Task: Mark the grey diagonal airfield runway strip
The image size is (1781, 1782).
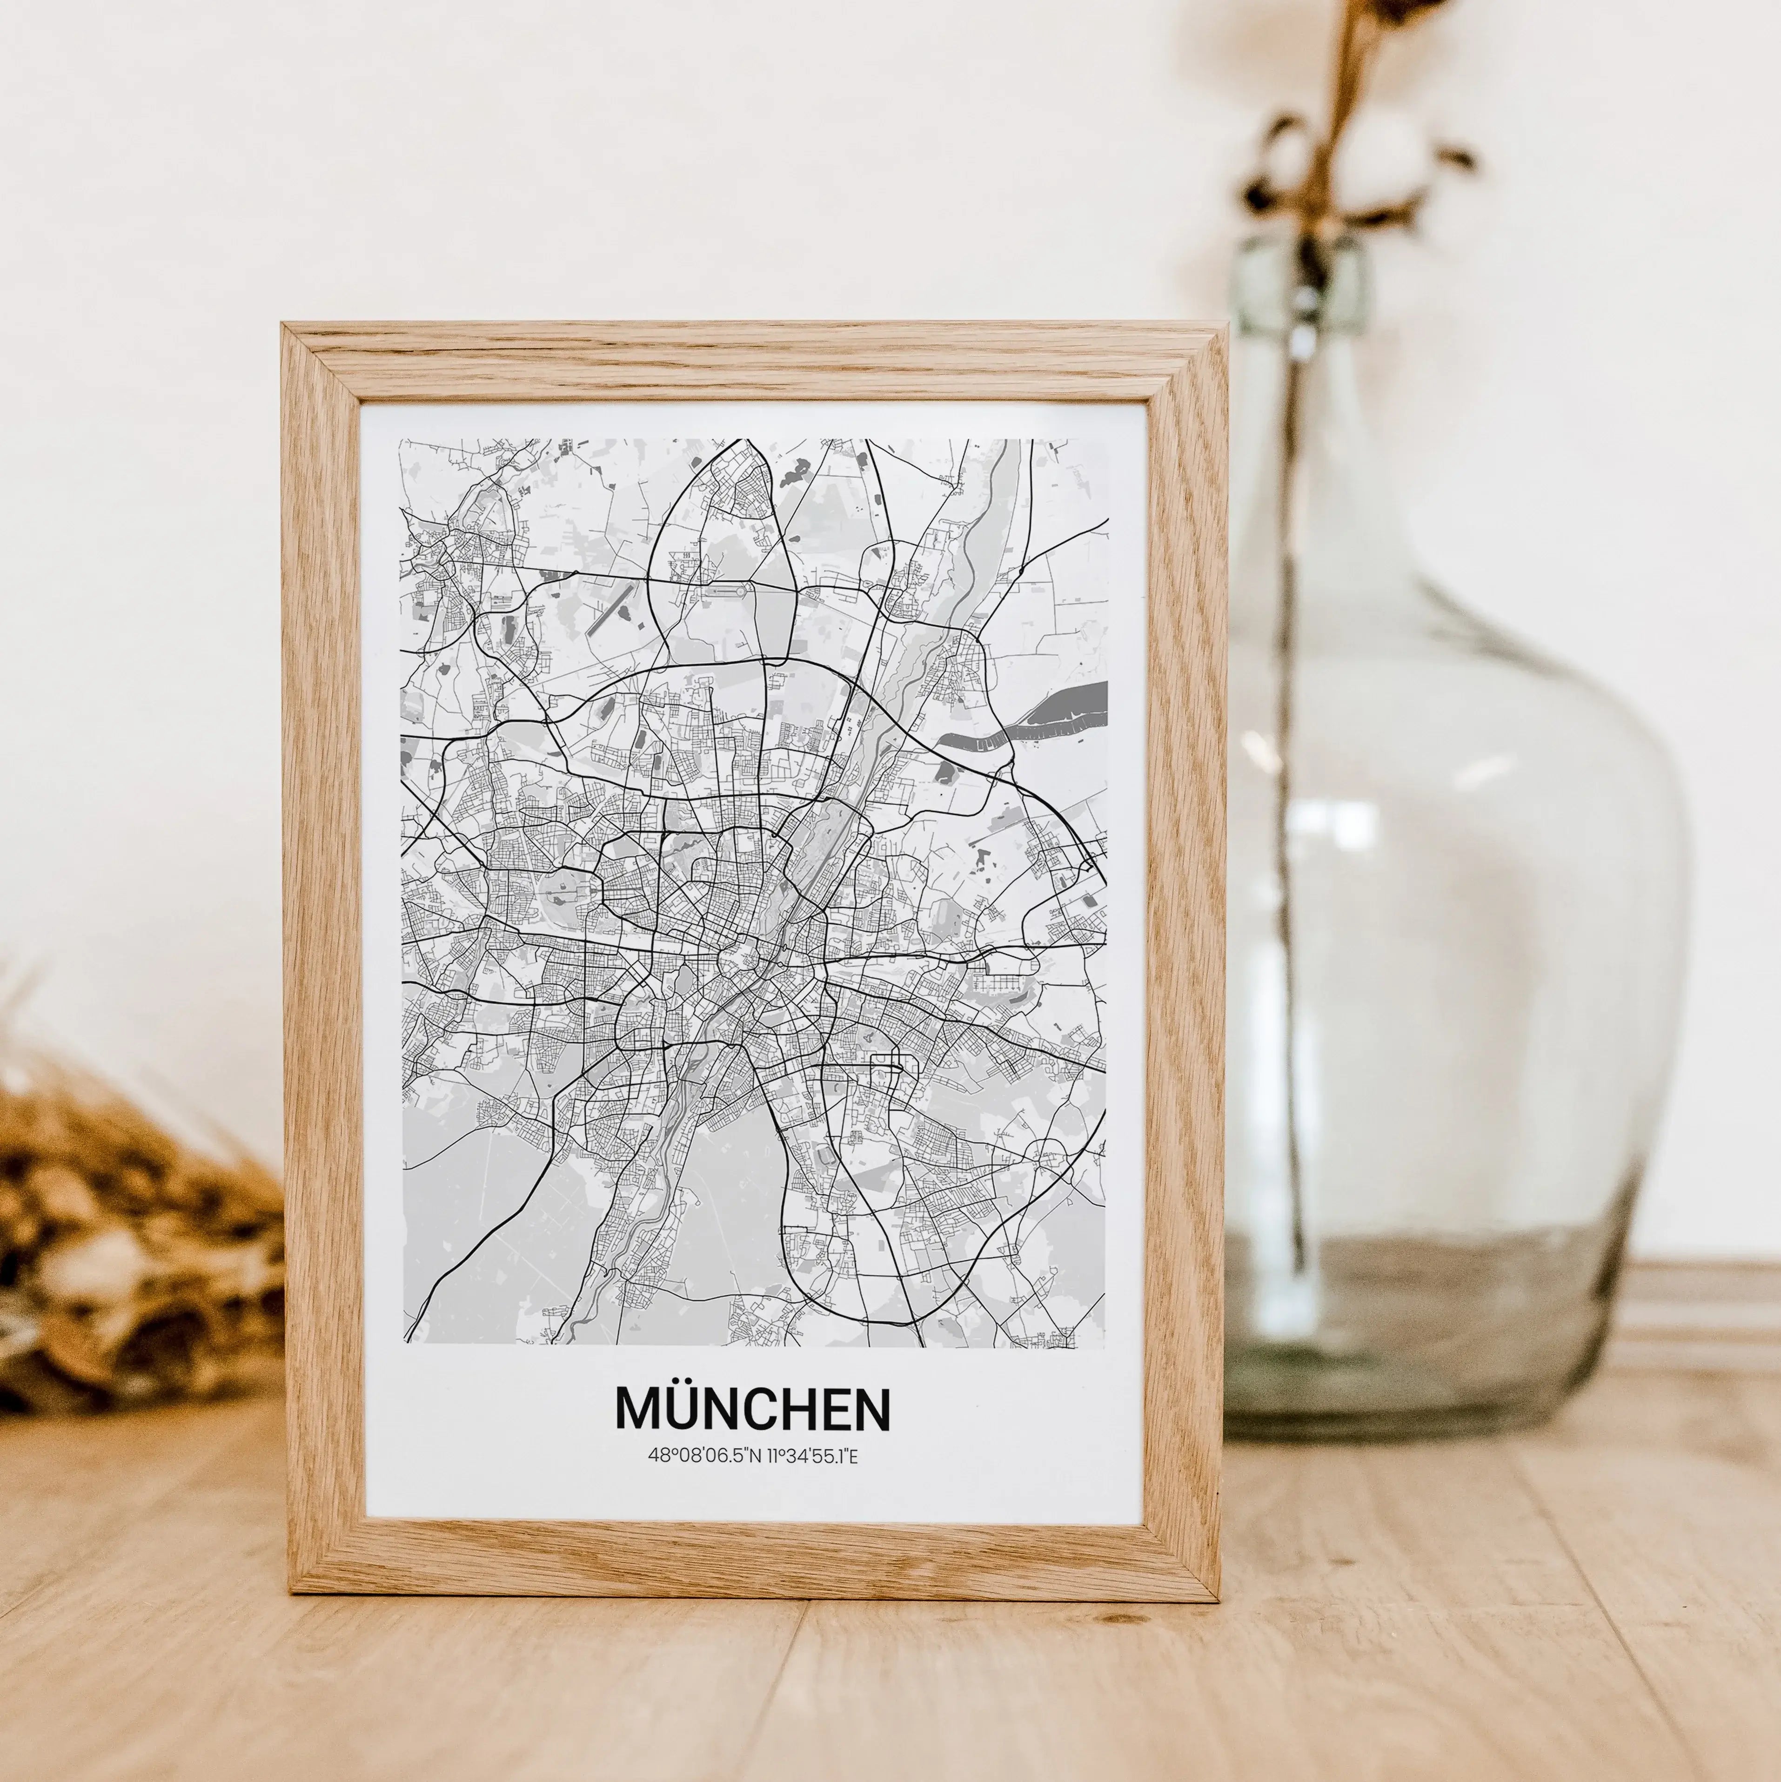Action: tap(610, 607)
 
